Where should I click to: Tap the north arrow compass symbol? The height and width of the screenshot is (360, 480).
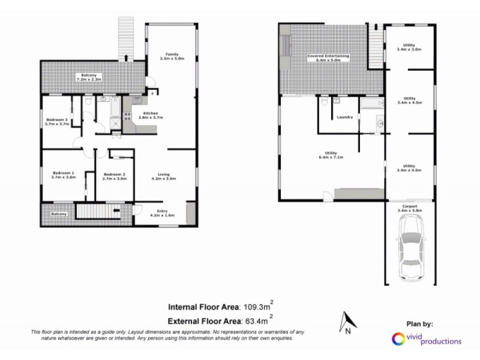coord(347,320)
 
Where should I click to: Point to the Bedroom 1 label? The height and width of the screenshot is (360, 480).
coord(63,175)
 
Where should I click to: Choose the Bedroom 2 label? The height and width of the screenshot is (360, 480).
coord(114,175)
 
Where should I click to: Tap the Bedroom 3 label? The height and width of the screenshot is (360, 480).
coord(56,121)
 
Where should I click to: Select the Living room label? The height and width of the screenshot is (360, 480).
coord(163,175)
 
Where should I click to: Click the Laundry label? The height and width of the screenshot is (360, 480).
coord(344,117)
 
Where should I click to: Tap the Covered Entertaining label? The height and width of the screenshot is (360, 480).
coord(328,58)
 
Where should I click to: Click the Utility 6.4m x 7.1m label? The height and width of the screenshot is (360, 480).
coord(331,157)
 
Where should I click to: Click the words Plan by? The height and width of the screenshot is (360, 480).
coord(418,325)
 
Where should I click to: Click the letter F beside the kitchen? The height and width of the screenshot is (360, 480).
coord(151,93)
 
